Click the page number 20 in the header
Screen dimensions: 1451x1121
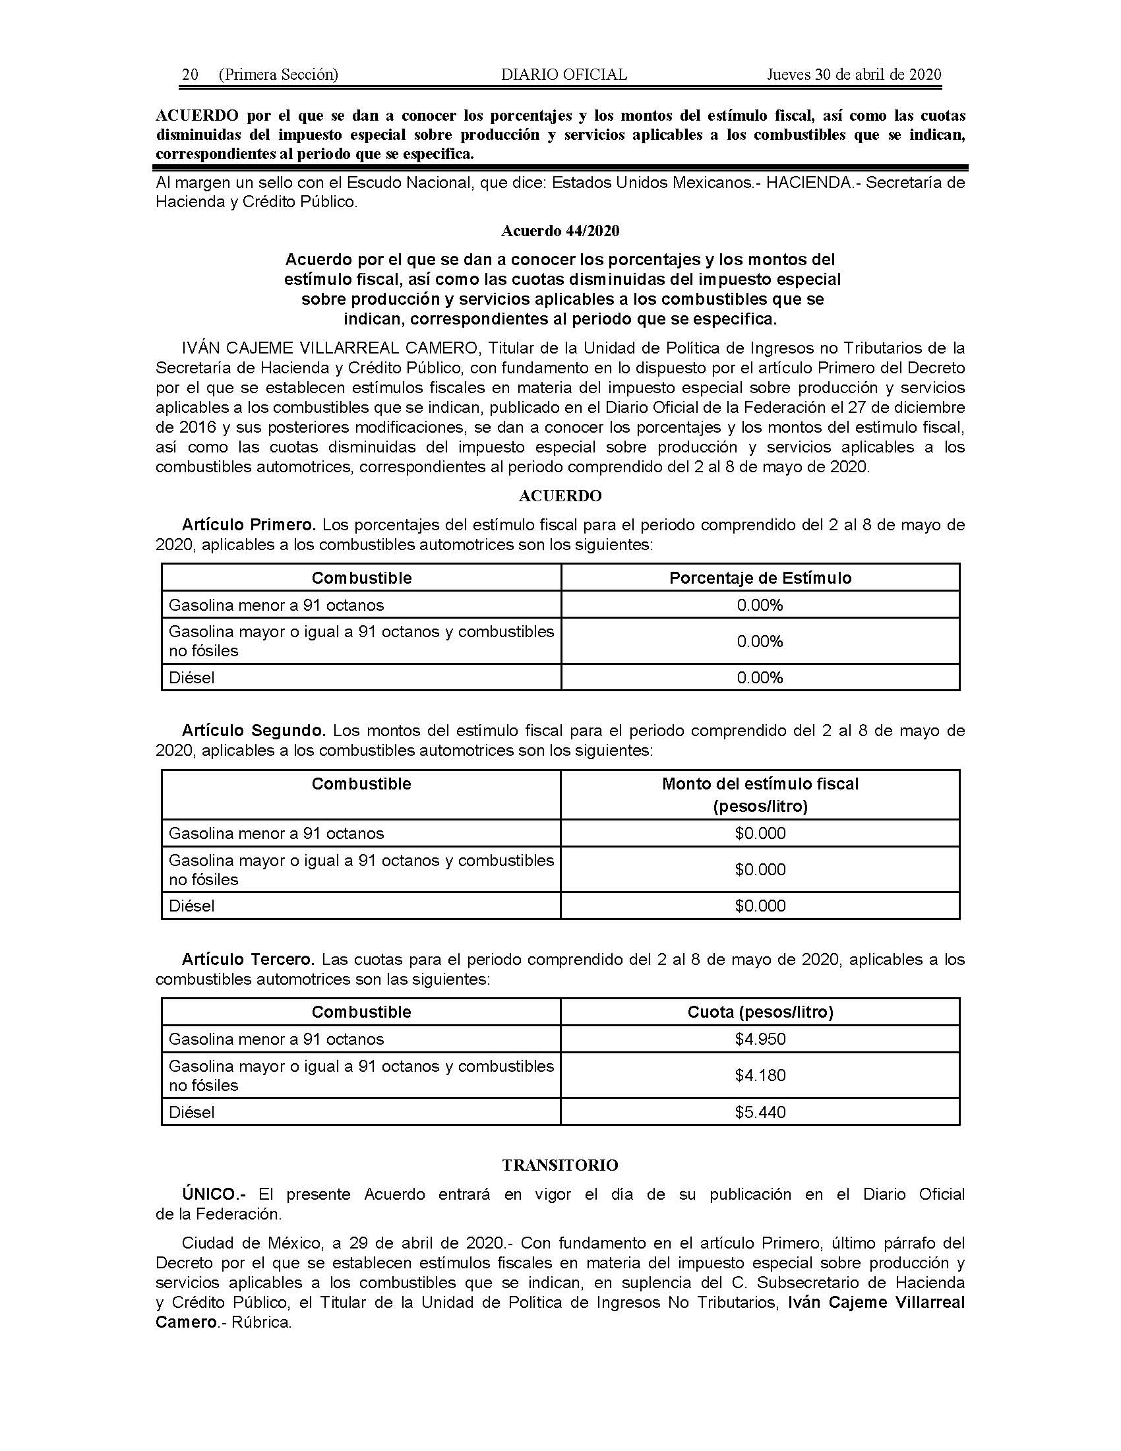tap(190, 75)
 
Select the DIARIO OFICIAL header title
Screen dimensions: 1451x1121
tap(564, 75)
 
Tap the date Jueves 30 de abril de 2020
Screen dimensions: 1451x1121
tap(854, 75)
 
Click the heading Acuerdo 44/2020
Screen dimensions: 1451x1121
tap(560, 231)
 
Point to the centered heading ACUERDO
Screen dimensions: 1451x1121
tap(560, 495)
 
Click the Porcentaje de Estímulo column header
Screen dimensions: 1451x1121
tap(760, 578)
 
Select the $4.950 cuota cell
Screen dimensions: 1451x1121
tap(760, 1039)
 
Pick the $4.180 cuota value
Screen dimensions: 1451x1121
tap(760, 1075)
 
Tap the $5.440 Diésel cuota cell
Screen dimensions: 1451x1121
tap(760, 1112)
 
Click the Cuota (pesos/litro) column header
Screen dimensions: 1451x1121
tap(760, 1012)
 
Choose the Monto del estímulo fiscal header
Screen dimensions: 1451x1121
tap(760, 784)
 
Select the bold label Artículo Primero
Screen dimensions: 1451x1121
tap(249, 525)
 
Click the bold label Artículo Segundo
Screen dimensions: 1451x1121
tap(254, 731)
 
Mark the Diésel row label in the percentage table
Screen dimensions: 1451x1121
tap(192, 677)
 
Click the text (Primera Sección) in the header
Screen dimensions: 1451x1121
tap(278, 75)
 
